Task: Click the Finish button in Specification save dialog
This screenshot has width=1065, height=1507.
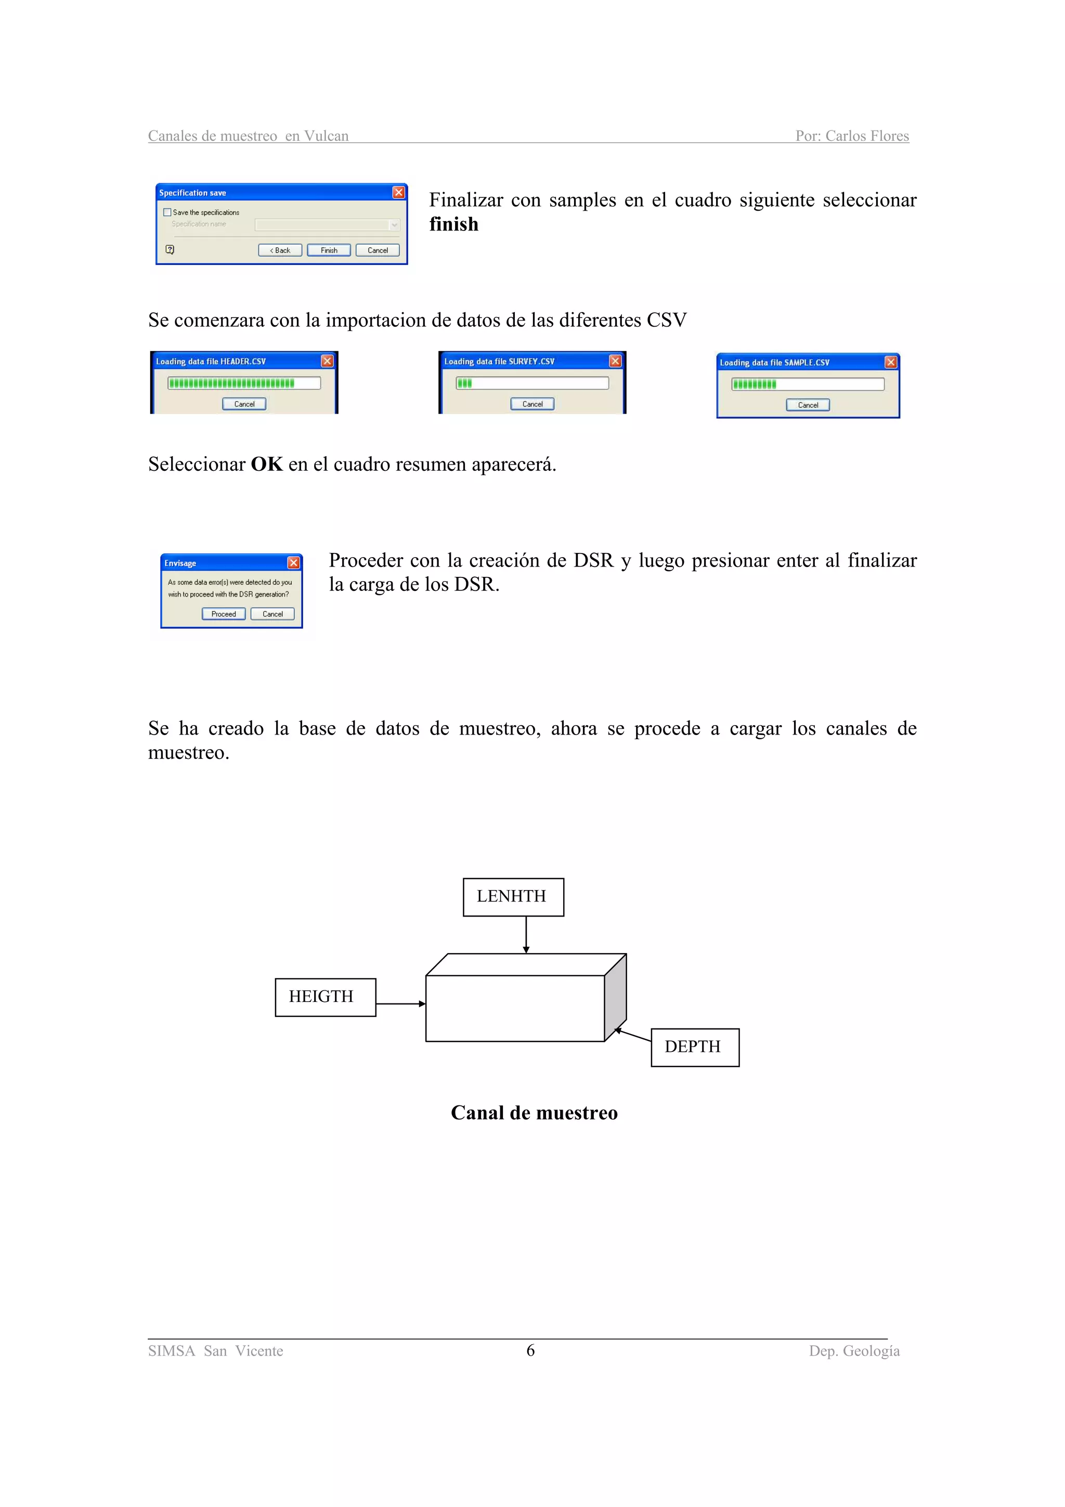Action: (x=329, y=250)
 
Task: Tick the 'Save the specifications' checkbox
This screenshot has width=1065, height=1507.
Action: (x=167, y=212)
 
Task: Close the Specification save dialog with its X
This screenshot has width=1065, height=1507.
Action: (x=398, y=192)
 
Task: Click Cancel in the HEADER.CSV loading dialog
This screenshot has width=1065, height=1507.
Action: (x=244, y=404)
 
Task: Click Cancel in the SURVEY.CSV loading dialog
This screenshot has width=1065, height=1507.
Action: (x=532, y=404)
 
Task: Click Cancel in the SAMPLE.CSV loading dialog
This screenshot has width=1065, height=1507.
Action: (x=808, y=405)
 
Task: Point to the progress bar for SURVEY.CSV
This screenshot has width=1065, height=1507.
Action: (x=532, y=383)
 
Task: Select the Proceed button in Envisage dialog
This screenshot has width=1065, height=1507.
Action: (x=223, y=614)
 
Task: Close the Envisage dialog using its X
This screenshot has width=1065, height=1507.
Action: (x=294, y=562)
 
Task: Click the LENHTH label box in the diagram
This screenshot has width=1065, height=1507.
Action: (x=513, y=897)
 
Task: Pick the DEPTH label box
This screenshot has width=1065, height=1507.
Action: (x=695, y=1047)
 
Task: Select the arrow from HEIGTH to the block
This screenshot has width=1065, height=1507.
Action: (x=400, y=1003)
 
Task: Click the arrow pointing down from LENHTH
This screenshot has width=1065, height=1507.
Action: (x=526, y=935)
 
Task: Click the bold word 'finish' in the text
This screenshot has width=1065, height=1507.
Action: (x=453, y=225)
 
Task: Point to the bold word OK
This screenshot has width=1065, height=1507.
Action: (x=266, y=464)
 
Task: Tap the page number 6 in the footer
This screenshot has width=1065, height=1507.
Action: (x=530, y=1350)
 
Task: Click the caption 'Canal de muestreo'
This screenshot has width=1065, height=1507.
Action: (x=534, y=1113)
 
